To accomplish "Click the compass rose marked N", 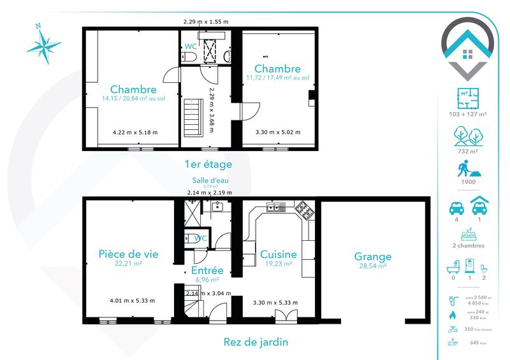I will click(44, 44).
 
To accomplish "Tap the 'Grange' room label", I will click(373, 257).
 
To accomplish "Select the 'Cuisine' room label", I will click(276, 254).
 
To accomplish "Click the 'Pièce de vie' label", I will click(128, 253).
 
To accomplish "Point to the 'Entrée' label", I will click(207, 270).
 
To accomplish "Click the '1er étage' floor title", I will click(207, 164).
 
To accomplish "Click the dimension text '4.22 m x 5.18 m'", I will click(135, 133).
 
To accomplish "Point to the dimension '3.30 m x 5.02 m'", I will click(277, 133).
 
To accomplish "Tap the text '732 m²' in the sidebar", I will click(468, 152).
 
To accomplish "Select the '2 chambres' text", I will click(468, 245).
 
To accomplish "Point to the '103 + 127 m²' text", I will click(468, 114).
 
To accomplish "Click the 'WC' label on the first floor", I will click(191, 47).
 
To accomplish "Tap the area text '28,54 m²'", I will click(373, 267).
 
